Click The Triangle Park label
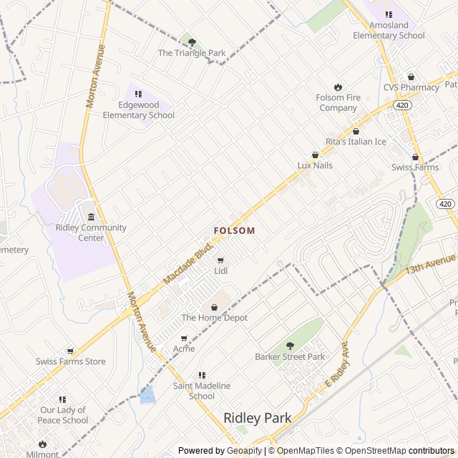(192, 53)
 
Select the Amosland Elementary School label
(389, 31)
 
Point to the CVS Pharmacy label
(411, 87)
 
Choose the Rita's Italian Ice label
(356, 142)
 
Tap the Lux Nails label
(315, 165)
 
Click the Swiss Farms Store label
(71, 361)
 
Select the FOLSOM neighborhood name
(234, 230)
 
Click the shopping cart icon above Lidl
(220, 260)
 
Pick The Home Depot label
(214, 318)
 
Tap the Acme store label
(184, 349)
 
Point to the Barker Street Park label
(290, 356)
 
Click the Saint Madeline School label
(202, 391)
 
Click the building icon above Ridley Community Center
(91, 217)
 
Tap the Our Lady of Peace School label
(63, 415)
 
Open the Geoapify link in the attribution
(245, 451)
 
